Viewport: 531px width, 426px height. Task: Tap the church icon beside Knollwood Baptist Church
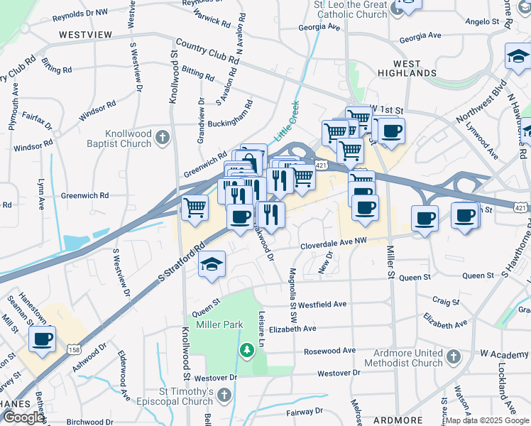pos(163,138)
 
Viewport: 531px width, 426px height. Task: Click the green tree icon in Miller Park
pos(246,349)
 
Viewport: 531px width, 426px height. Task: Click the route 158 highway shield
pos(74,349)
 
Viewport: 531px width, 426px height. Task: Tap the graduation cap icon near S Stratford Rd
pos(212,265)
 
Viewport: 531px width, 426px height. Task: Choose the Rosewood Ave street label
pos(329,351)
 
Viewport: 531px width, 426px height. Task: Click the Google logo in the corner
pos(23,417)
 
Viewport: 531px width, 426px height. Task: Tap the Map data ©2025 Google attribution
pos(486,420)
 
